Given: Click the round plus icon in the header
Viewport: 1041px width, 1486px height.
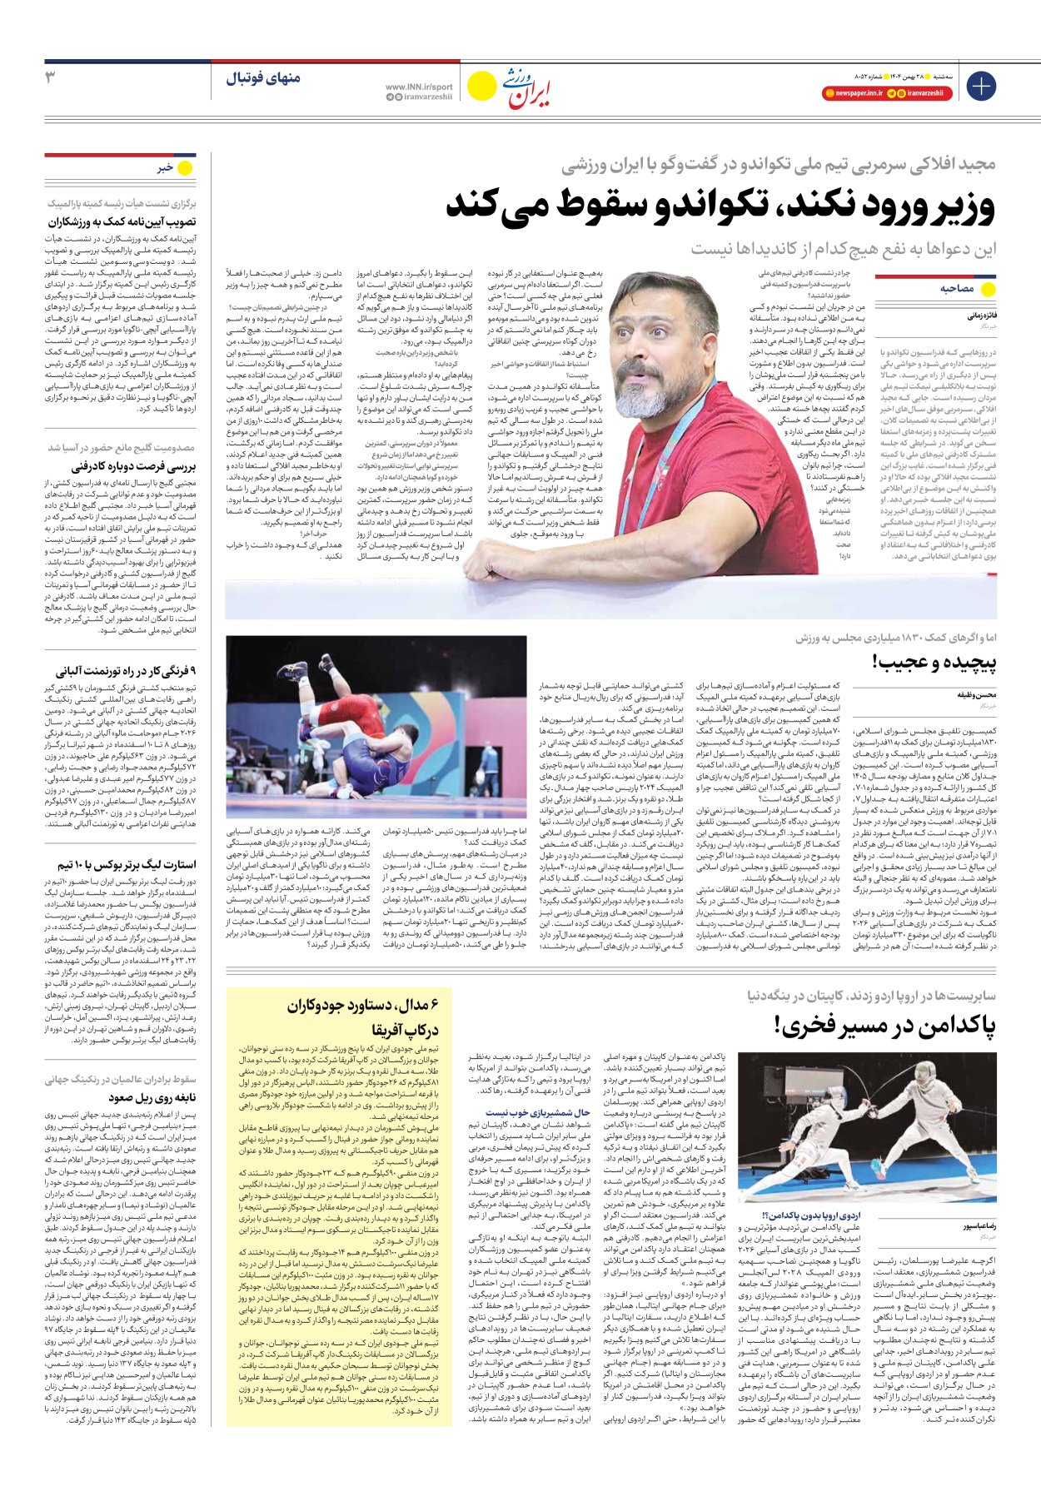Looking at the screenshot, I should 980,86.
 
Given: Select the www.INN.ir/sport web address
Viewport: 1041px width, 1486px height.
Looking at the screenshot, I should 419,87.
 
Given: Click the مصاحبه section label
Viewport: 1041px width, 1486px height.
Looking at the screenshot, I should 957,288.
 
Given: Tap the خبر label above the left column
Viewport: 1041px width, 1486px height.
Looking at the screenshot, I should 165,167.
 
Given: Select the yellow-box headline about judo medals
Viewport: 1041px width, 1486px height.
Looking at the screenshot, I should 369,1017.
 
